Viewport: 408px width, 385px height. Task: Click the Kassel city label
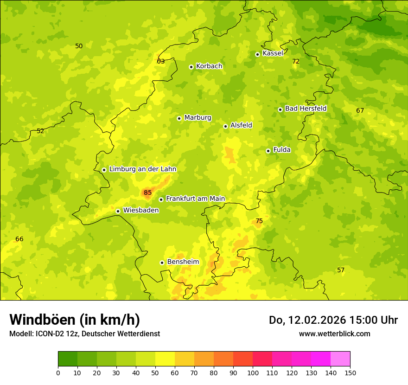pyautogui.click(x=273, y=53)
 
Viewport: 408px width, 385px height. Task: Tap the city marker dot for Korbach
pyautogui.click(x=191, y=67)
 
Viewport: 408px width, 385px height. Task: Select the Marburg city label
pyautogui.click(x=198, y=118)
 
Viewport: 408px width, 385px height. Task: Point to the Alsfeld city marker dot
pyautogui.click(x=225, y=126)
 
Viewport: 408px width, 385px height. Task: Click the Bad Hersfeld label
pyautogui.click(x=306, y=109)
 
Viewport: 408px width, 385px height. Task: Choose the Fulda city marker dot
pyautogui.click(x=268, y=151)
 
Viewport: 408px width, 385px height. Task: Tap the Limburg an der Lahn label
pyautogui.click(x=142, y=169)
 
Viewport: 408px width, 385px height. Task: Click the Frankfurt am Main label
pyautogui.click(x=195, y=199)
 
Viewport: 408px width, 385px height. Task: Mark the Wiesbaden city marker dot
pyautogui.click(x=118, y=211)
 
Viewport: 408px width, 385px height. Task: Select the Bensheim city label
pyautogui.click(x=183, y=262)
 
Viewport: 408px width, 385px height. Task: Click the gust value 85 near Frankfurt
pyautogui.click(x=147, y=192)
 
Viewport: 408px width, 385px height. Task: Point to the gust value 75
pyautogui.click(x=259, y=221)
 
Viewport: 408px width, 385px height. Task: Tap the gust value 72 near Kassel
pyautogui.click(x=296, y=61)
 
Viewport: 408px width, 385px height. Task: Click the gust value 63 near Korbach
pyautogui.click(x=161, y=61)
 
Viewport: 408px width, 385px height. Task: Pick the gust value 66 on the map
pyautogui.click(x=19, y=239)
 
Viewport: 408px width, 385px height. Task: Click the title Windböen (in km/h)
pyautogui.click(x=75, y=320)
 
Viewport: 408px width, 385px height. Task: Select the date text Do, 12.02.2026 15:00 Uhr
pyautogui.click(x=333, y=320)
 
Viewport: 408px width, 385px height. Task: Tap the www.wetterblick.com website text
pyautogui.click(x=334, y=334)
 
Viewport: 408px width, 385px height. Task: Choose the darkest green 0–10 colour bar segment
pyautogui.click(x=68, y=359)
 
